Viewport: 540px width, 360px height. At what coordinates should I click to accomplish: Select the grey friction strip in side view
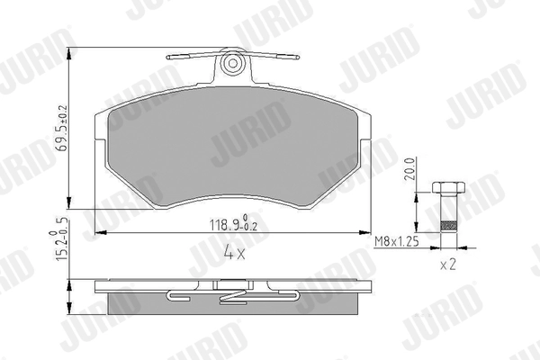tap(234, 306)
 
